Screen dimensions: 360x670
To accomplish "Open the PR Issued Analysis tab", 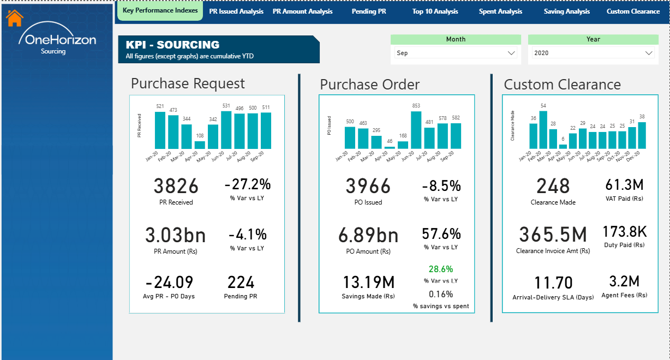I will pos(236,11).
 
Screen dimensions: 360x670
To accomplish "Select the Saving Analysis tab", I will pos(567,11).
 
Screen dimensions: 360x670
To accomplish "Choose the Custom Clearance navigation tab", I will pos(633,11).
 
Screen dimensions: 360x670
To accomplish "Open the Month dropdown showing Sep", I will pos(456,53).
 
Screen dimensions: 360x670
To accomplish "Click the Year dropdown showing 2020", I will pos(593,53).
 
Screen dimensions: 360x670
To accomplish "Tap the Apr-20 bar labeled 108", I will pos(200,145).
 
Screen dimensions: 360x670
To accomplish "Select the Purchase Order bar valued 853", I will pos(416,130).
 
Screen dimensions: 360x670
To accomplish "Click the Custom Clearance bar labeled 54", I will pos(543,130).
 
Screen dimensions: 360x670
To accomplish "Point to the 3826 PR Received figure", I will pos(176,187).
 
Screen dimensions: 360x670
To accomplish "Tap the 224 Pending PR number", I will pos(241,283).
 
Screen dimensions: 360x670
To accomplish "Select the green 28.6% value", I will pos(441,269).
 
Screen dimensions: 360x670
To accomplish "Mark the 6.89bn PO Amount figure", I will pos(368,235).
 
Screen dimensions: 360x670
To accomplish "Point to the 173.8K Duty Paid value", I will pos(625,231).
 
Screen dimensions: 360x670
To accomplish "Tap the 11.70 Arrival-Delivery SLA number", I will pos(553,283).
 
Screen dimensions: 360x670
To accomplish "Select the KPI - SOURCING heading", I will pos(172,45).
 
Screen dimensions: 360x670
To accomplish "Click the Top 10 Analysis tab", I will pos(435,11).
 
